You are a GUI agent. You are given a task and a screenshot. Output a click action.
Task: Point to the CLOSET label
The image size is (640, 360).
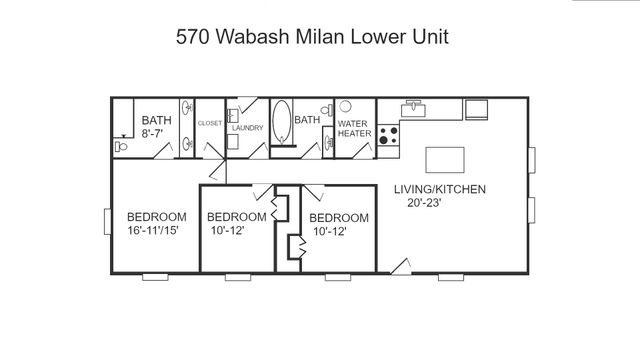click(x=209, y=123)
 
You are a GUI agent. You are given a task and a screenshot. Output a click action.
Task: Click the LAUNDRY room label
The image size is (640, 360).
click(x=247, y=128)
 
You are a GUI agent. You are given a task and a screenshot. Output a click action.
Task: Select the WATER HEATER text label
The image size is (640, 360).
click(x=354, y=130)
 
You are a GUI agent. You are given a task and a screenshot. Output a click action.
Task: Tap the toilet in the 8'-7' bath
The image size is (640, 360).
click(x=120, y=146)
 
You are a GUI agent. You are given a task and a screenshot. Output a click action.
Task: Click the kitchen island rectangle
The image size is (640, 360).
click(x=446, y=160)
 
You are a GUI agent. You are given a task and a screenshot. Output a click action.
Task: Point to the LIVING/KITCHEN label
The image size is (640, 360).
click(x=439, y=189)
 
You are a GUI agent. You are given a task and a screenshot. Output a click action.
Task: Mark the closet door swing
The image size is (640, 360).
click(x=212, y=150)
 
